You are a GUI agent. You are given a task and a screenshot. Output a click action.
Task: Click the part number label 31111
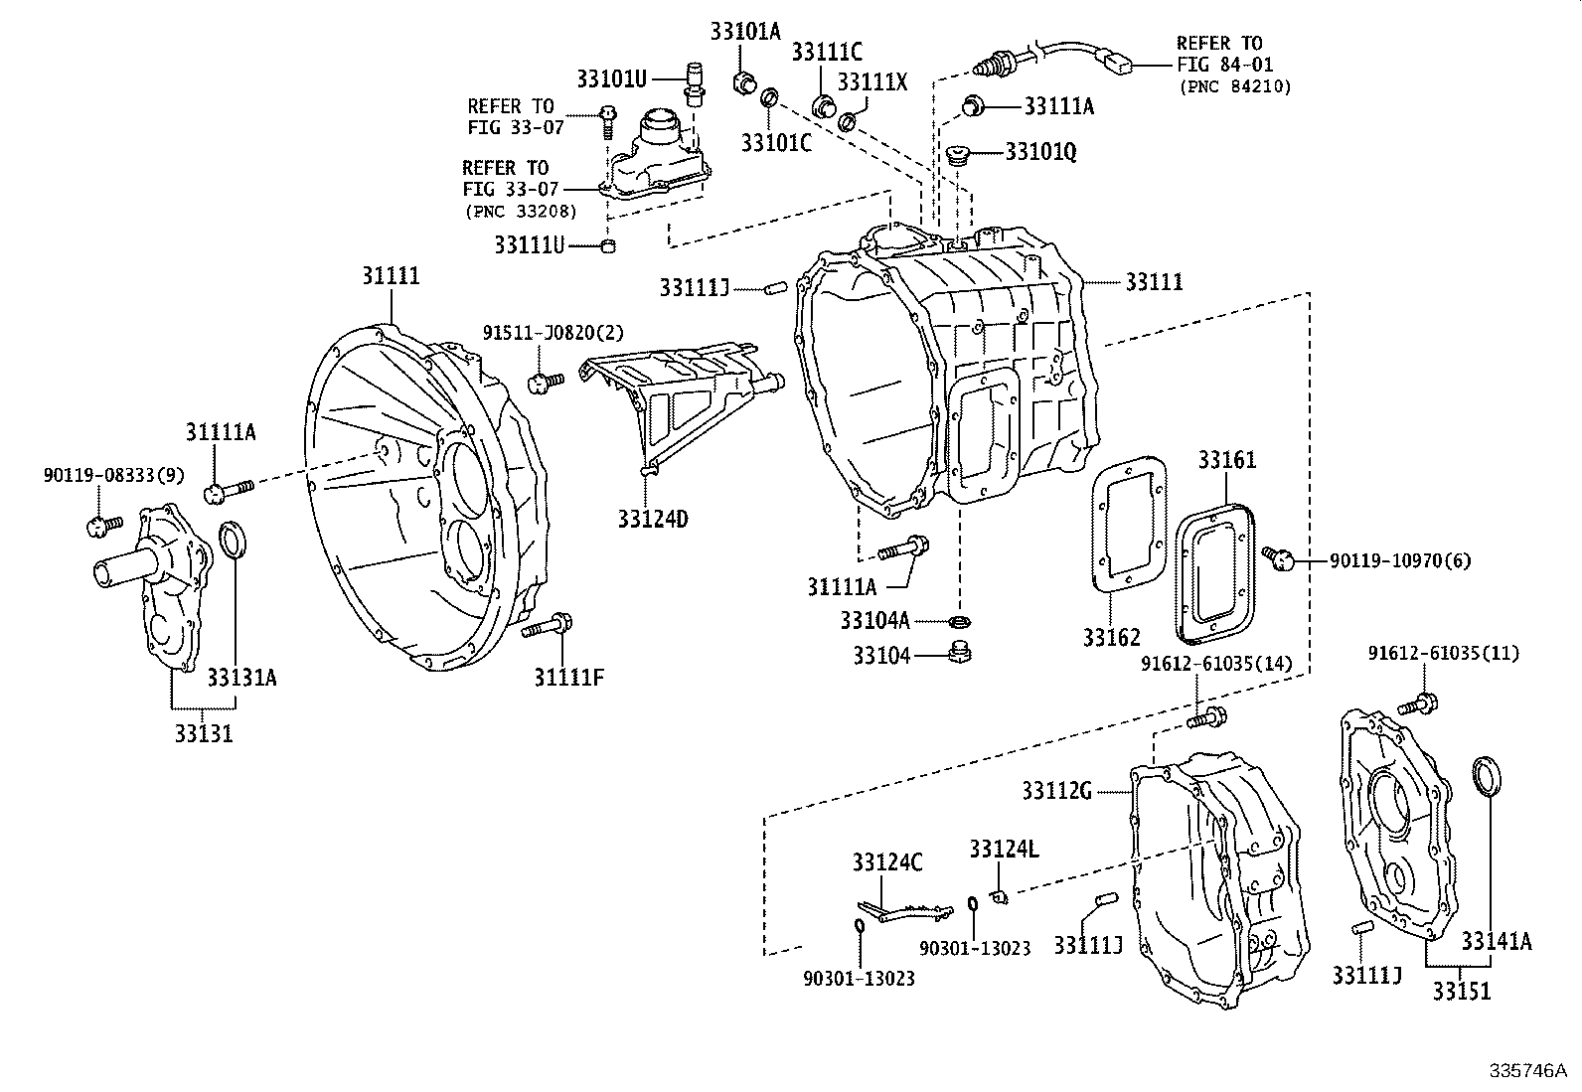pos(390,276)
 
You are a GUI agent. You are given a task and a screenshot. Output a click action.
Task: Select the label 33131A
pos(241,678)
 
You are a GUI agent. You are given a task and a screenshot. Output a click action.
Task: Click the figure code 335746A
pos(1526,1070)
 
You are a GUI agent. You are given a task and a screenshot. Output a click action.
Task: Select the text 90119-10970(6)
pos(1400,561)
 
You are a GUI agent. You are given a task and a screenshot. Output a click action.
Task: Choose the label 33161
pos(1226,460)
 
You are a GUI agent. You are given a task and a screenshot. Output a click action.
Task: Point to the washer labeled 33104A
pos(959,622)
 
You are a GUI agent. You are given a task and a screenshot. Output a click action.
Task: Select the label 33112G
pos(1056,791)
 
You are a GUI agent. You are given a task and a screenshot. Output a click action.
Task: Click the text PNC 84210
pos(1235,86)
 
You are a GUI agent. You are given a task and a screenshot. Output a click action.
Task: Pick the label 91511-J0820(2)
pos(553,332)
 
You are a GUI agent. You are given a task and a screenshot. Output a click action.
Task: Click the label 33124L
pos(1004,849)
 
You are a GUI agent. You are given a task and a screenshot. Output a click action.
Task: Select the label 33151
pos(1462,991)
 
